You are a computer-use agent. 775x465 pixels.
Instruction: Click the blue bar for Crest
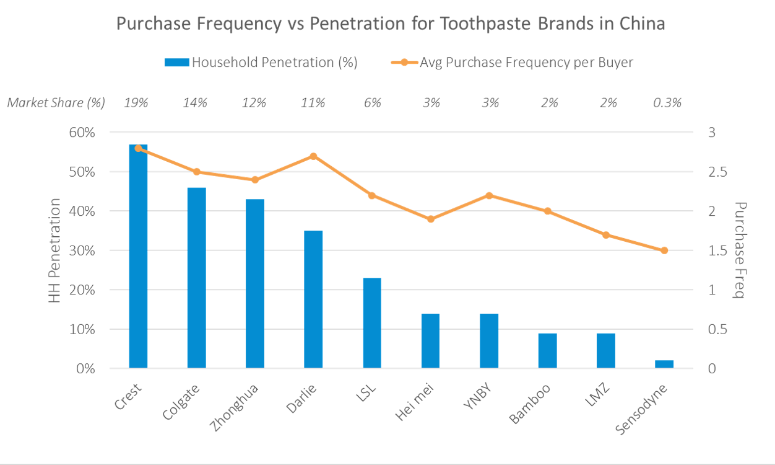click(x=138, y=257)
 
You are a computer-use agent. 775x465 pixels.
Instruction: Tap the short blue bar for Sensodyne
click(x=664, y=364)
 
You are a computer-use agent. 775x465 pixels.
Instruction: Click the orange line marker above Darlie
click(x=313, y=156)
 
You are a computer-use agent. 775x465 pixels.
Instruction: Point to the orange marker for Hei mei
click(x=431, y=219)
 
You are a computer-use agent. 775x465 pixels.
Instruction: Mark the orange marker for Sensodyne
click(x=664, y=250)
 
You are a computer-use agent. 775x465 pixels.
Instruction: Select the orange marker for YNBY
click(x=489, y=195)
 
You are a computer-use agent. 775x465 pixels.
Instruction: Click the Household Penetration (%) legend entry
click(x=261, y=63)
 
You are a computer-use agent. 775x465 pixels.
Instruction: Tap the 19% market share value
click(x=136, y=103)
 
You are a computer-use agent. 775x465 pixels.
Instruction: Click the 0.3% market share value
click(x=667, y=103)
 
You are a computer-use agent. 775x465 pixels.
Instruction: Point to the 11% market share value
click(x=313, y=103)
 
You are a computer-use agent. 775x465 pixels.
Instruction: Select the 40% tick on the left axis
click(x=85, y=211)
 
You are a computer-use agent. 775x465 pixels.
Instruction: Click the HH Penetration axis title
click(x=56, y=250)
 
